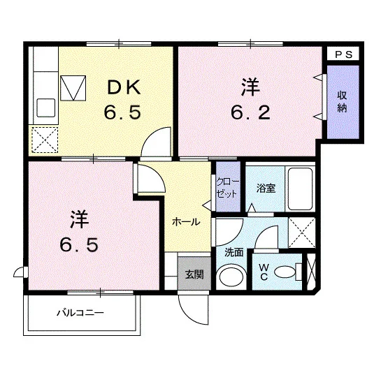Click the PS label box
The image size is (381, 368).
point(343,54)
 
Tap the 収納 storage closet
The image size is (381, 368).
point(343,102)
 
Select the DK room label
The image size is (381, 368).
point(124,87)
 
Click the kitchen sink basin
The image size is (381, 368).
point(45,108)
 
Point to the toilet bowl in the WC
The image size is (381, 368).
point(285,272)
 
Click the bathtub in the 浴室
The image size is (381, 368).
point(300,189)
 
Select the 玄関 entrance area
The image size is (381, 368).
point(194,274)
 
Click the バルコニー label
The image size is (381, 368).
point(80,312)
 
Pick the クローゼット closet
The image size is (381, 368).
point(228,186)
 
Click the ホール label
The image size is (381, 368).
point(186,221)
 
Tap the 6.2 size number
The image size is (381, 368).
point(250,113)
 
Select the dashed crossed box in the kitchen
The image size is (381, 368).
point(45,140)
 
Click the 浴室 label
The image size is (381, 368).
point(266,189)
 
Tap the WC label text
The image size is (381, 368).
point(264,272)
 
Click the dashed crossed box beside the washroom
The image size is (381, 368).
point(301,233)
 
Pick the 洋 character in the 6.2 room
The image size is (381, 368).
point(250,87)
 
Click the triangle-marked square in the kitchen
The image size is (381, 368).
point(73,88)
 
